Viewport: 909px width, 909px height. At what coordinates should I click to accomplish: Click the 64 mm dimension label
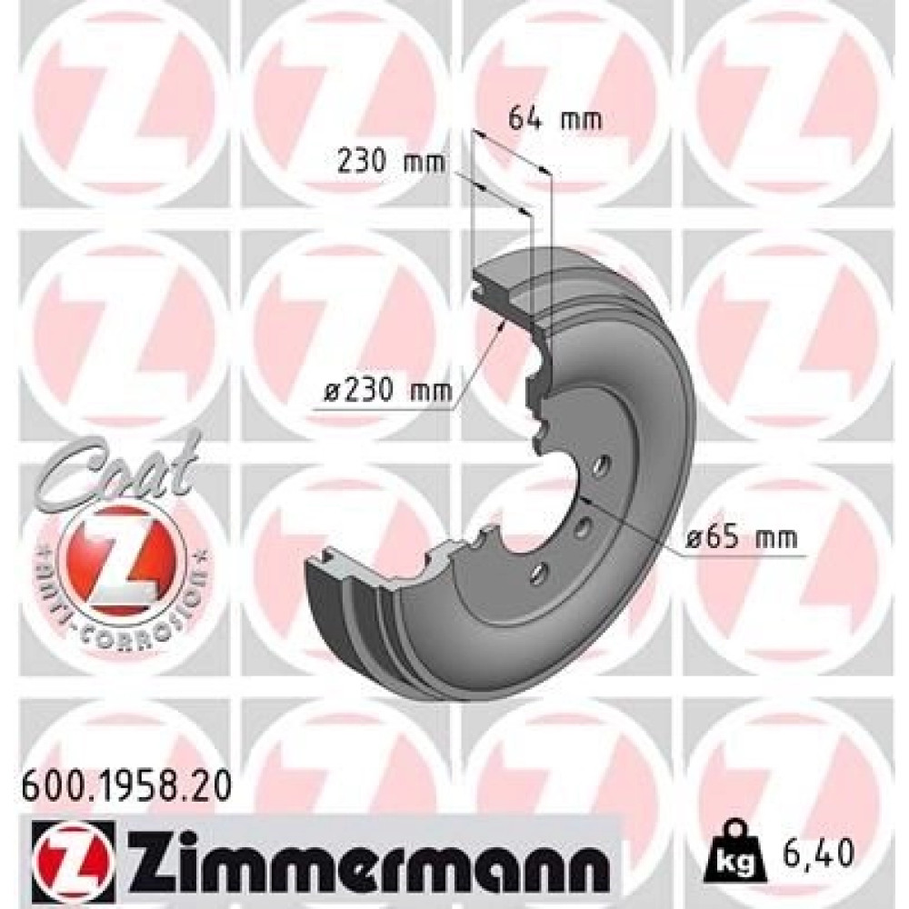point(554,119)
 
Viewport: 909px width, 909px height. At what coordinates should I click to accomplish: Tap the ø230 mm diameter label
point(388,393)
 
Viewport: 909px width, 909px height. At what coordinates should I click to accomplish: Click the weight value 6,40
point(819,853)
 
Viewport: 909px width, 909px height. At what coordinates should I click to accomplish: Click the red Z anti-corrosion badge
point(123,556)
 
